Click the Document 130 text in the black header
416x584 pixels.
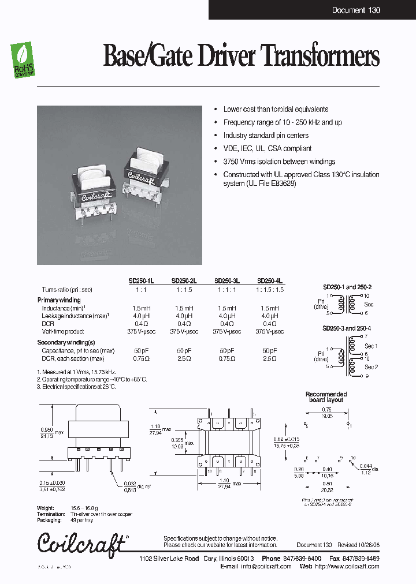pos(356,10)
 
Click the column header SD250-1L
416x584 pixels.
pos(141,281)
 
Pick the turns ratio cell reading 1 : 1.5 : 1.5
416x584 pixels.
pos(270,290)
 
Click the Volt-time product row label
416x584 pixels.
pos(62,331)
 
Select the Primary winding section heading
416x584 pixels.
pos(59,300)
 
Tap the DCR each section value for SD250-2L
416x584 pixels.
pos(184,358)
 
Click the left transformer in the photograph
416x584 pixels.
pos(94,189)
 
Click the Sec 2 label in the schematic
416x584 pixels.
pos(371,366)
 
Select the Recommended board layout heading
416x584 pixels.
pos(326,397)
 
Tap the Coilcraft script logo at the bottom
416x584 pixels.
pos(81,543)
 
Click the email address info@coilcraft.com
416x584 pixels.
pos(266,567)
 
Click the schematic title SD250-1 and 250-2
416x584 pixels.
pos(347,287)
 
